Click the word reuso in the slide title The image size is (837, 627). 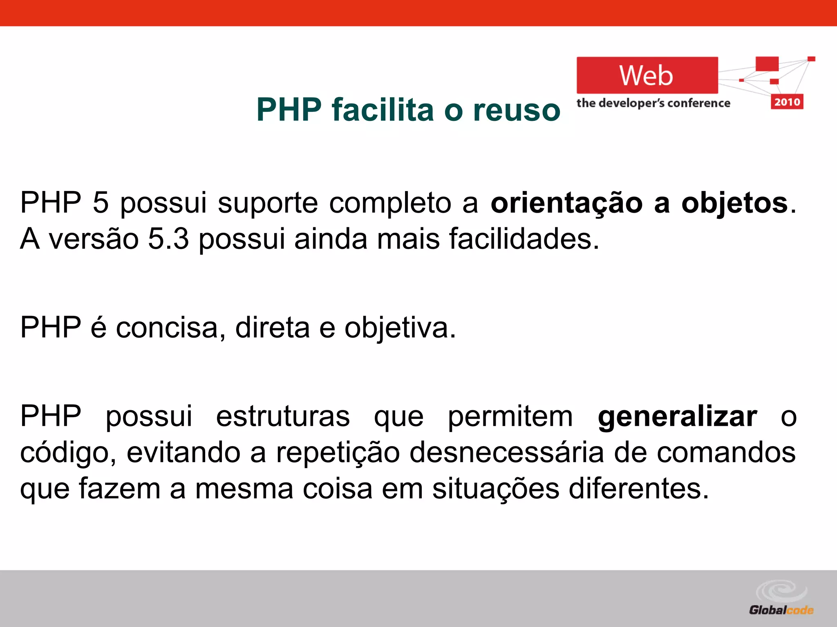pyautogui.click(x=517, y=110)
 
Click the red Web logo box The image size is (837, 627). pyautogui.click(x=647, y=76)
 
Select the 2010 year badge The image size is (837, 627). pyautogui.click(x=787, y=102)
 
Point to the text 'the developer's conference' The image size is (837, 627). pyautogui.click(x=653, y=103)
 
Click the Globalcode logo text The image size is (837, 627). pyautogui.click(x=781, y=610)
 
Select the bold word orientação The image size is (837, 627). pyautogui.click(x=566, y=203)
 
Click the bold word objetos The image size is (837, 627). pyautogui.click(x=734, y=203)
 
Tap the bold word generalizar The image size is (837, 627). pyautogui.click(x=677, y=417)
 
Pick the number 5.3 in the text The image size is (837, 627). pyautogui.click(x=168, y=239)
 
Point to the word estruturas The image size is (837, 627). pyautogui.click(x=283, y=417)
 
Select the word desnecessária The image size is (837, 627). pyautogui.click(x=506, y=453)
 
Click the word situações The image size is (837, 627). pyautogui.click(x=495, y=489)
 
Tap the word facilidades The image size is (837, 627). pyautogui.click(x=524, y=239)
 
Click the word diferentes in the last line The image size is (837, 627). pyautogui.click(x=638, y=489)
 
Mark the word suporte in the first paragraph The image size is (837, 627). pyautogui.click(x=268, y=203)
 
